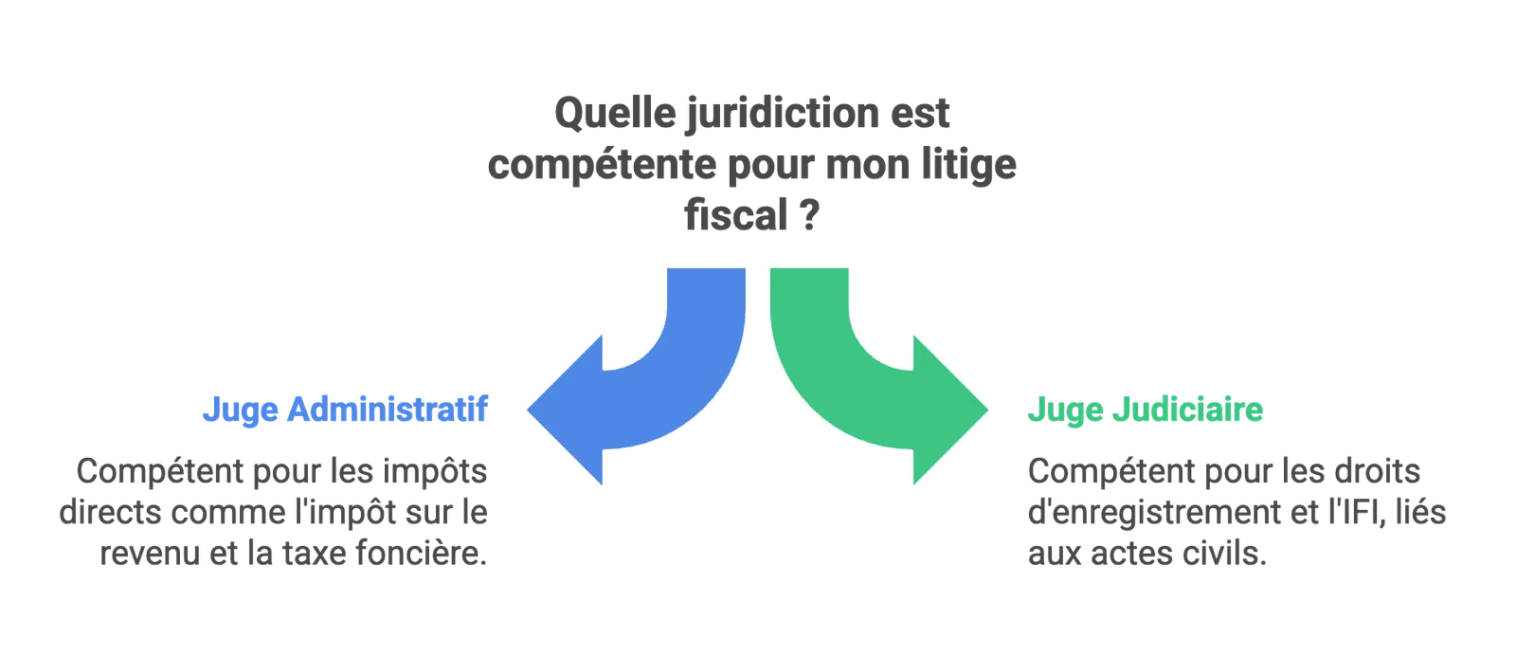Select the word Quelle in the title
(x=615, y=113)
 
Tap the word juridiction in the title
(x=783, y=114)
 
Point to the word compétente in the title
(x=602, y=165)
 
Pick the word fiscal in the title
(x=735, y=215)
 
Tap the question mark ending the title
(x=809, y=216)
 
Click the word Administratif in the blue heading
(x=388, y=409)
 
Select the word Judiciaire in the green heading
(x=1188, y=410)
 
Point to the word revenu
(x=150, y=553)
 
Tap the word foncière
(x=421, y=553)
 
